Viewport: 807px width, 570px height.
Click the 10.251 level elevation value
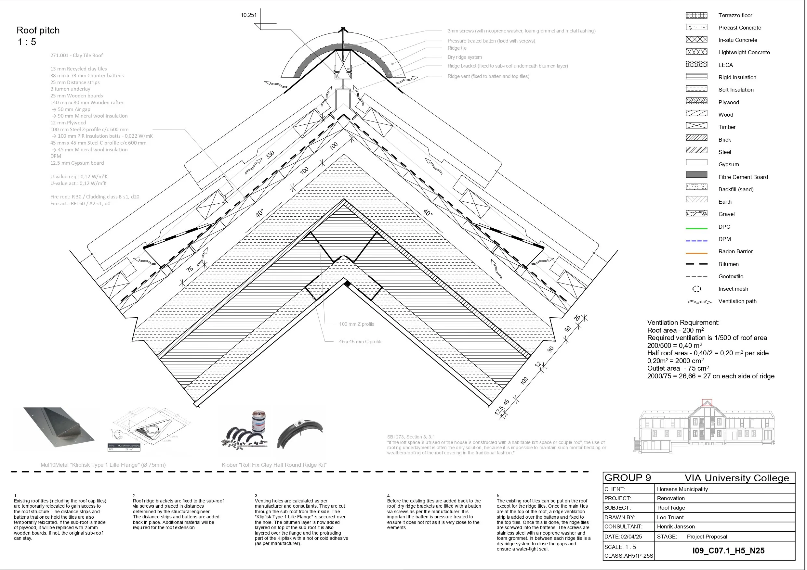pos(248,15)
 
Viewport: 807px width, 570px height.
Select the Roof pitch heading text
pos(38,31)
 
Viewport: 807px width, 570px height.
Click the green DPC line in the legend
pos(696,229)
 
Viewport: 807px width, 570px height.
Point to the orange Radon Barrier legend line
pos(696,253)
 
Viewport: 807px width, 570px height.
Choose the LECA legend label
pos(725,65)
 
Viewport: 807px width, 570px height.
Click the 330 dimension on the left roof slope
pos(270,155)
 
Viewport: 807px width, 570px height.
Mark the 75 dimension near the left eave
pos(190,269)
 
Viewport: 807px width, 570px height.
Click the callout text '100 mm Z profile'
pos(356,324)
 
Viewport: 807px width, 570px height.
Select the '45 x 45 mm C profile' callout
pos(360,342)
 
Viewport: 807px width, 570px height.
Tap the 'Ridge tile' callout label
pos(457,48)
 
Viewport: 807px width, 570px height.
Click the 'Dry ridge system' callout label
pos(464,57)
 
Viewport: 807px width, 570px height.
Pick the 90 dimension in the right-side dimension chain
pos(550,349)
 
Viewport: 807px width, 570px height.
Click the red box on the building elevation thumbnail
pos(707,402)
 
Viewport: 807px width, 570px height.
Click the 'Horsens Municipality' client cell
pos(682,489)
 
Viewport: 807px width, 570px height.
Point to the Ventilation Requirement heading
pos(683,323)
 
